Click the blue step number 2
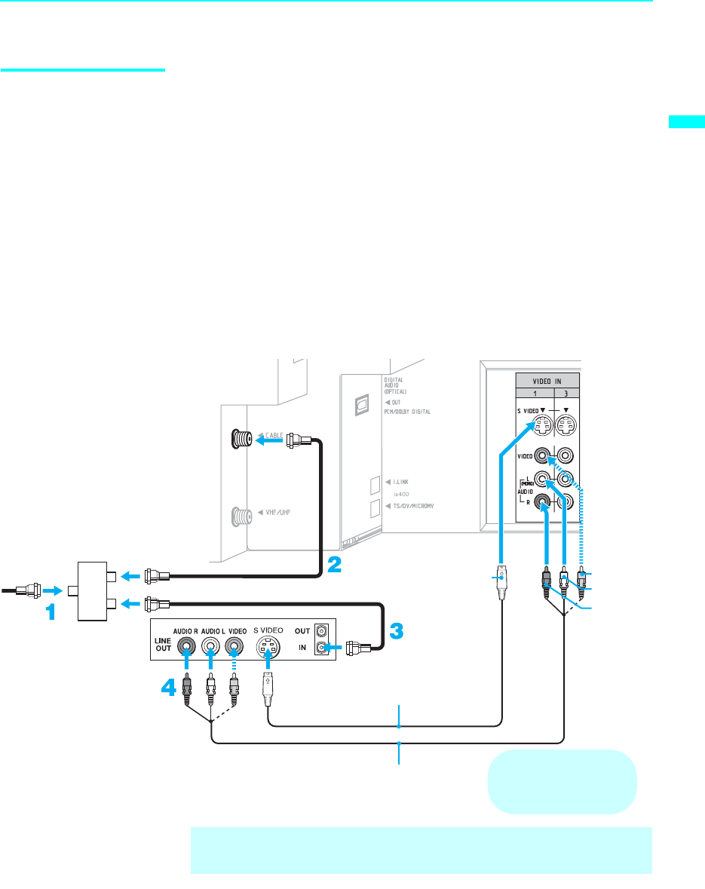click(x=333, y=565)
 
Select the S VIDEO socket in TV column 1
click(x=541, y=426)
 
